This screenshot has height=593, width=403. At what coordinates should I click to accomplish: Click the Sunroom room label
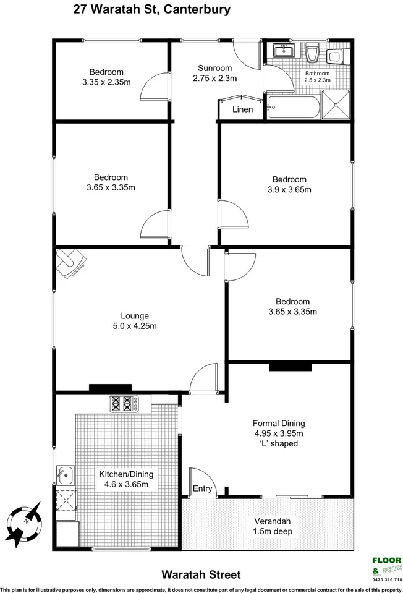tap(214, 68)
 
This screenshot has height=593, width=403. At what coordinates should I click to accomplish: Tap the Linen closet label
tap(242, 110)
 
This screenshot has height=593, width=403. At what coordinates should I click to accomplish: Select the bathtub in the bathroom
tap(294, 109)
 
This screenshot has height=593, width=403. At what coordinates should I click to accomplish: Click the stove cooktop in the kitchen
tap(122, 404)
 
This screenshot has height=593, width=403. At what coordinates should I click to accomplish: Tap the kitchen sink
tap(65, 476)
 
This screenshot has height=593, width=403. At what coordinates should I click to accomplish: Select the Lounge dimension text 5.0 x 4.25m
tap(134, 326)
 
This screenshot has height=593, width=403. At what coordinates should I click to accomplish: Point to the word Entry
tap(202, 489)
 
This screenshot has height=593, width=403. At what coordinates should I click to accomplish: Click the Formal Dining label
tap(279, 424)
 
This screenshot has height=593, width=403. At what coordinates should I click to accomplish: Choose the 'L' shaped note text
tap(279, 443)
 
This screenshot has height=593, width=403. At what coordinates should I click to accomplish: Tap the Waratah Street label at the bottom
tap(201, 574)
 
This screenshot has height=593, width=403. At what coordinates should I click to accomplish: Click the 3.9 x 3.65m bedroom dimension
tap(289, 189)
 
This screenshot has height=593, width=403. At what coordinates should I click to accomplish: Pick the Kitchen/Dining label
tap(126, 474)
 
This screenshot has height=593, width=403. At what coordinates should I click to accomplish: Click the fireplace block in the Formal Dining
tap(291, 367)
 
